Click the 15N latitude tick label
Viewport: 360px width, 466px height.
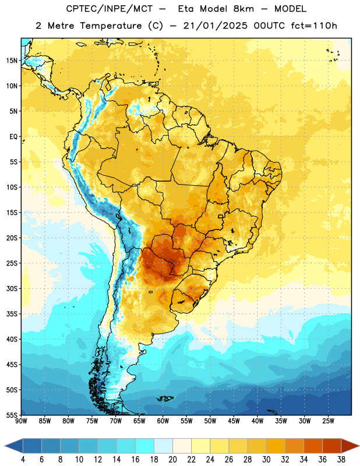pyautogui.click(x=12, y=61)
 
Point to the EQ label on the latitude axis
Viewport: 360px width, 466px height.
pyautogui.click(x=13, y=137)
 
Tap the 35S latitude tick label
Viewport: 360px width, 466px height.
pyautogui.click(x=12, y=314)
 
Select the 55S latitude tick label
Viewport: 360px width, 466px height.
pyautogui.click(x=12, y=415)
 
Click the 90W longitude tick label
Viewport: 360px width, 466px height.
pyautogui.click(x=21, y=421)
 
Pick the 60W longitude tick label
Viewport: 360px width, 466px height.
pyautogui.click(x=163, y=421)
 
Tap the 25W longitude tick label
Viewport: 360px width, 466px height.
pyautogui.click(x=328, y=421)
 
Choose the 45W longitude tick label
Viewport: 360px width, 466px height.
pyautogui.click(x=234, y=421)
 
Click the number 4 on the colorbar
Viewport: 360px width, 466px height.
pyautogui.click(x=23, y=460)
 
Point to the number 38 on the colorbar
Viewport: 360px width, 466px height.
pyautogui.click(x=341, y=460)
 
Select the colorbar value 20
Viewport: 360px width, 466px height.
pyautogui.click(x=172, y=460)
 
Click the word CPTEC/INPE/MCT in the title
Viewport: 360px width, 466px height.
pyautogui.click(x=109, y=9)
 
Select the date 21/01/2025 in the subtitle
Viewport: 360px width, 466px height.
pyautogui.click(x=215, y=26)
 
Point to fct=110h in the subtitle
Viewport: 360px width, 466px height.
pyautogui.click(x=314, y=26)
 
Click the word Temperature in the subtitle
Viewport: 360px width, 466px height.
pyautogui.click(x=111, y=26)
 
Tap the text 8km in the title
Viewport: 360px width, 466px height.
pyautogui.click(x=243, y=9)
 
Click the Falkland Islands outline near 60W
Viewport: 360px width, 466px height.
pyautogui.click(x=165, y=398)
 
